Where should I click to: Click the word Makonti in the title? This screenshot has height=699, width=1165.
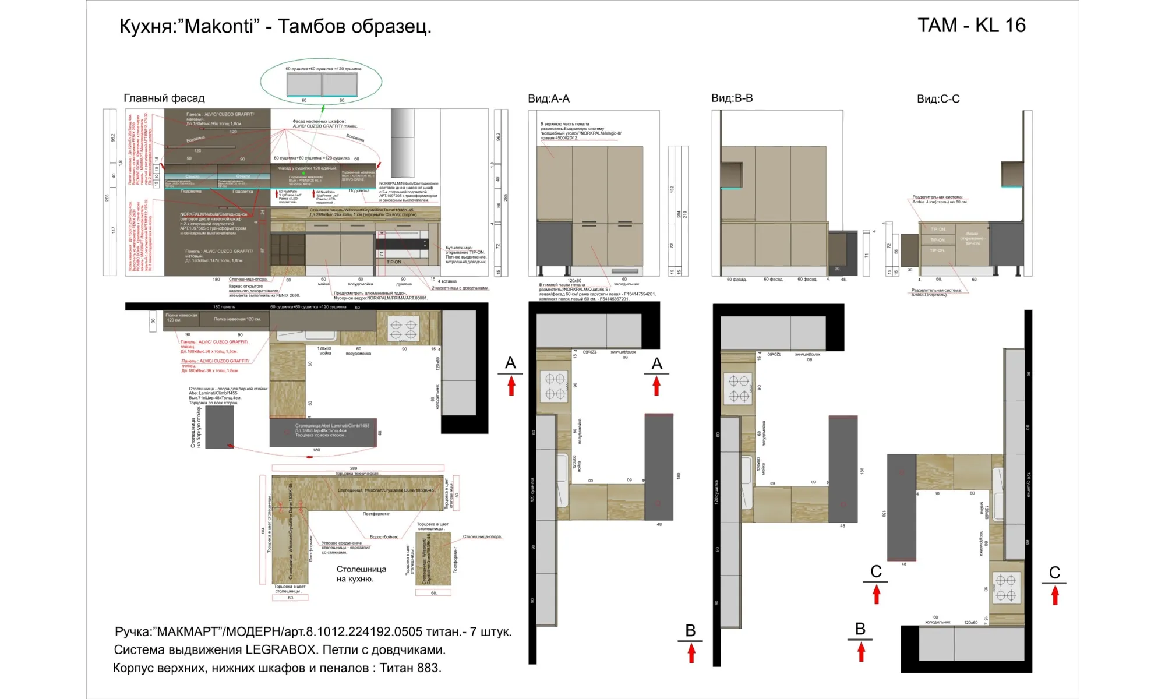coord(219,27)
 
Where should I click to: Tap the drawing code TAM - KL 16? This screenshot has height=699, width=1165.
coord(971,26)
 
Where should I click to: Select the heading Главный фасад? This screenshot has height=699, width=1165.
coord(164,98)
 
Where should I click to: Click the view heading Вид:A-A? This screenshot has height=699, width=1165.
coord(548,99)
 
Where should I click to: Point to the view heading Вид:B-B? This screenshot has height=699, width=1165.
coord(732,98)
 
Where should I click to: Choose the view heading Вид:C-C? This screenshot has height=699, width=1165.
coord(938,99)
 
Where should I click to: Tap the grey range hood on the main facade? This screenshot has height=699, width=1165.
coord(402,143)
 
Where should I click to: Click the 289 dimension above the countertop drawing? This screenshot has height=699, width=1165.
coord(354,468)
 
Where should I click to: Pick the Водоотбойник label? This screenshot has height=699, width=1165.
coord(383,537)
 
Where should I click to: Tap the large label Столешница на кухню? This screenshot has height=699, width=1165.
coord(361,574)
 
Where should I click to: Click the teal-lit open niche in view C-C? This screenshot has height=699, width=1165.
coord(1012,175)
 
